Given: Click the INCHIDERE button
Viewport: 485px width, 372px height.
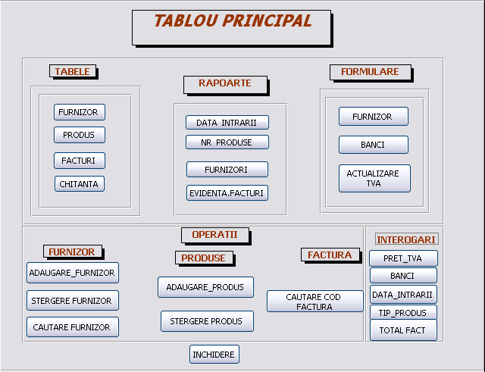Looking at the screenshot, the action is [x=214, y=354].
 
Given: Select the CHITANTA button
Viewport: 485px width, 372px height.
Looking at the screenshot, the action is [x=80, y=184].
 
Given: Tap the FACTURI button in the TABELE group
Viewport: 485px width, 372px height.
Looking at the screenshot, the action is [x=80, y=161].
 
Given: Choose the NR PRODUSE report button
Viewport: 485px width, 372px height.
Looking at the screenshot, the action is [x=227, y=142].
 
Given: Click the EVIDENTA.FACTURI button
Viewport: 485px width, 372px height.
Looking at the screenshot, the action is [x=227, y=193].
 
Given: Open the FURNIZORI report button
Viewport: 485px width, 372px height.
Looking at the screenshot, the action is [x=227, y=170].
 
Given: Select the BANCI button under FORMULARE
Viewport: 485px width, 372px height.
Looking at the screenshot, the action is [x=374, y=145].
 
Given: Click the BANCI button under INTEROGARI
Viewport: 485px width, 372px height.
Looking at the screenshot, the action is [x=403, y=276].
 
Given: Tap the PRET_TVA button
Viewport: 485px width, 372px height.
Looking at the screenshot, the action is [x=403, y=258].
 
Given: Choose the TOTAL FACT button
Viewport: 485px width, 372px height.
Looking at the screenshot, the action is [x=403, y=330].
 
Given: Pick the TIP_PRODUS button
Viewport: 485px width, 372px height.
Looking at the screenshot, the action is [x=403, y=313].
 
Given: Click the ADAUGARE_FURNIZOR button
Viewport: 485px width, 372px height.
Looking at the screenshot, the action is [x=73, y=273].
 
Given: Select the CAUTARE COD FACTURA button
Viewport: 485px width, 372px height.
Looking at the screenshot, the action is [x=315, y=302].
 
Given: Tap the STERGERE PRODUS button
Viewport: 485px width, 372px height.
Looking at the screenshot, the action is [x=207, y=321].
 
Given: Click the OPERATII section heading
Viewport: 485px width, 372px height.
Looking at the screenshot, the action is [x=215, y=236].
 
